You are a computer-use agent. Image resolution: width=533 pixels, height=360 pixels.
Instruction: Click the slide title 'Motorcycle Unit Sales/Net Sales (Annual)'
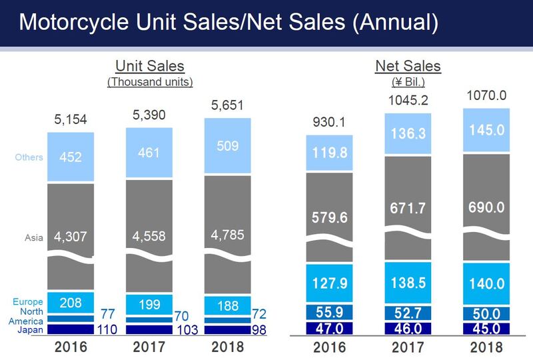229,23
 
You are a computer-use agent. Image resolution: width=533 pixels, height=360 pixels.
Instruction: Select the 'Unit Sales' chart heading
150,66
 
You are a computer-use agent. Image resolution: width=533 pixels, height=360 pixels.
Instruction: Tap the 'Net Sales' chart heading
408,66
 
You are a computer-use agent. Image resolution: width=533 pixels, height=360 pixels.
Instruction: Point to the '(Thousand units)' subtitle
150,82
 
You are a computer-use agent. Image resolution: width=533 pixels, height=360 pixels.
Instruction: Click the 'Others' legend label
29,157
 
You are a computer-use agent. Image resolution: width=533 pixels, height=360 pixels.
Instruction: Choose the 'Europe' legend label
28,302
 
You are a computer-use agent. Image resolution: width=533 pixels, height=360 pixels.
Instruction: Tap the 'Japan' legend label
31,329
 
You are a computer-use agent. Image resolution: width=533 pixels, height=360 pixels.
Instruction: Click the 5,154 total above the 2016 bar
71,120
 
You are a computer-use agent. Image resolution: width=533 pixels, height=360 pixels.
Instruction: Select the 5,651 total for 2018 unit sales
228,106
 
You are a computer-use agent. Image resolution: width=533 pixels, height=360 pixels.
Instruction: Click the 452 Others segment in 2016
71,157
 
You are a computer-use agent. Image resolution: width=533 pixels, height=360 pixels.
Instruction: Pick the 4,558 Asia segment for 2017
149,235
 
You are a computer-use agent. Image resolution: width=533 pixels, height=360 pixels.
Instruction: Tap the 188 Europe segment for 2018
228,305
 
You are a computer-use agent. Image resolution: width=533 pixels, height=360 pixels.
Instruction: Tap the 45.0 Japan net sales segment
486,328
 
